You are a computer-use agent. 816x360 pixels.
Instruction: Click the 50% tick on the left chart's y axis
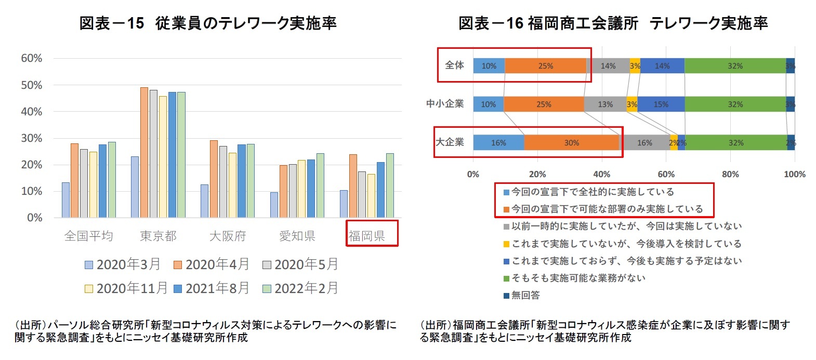click(x=31, y=85)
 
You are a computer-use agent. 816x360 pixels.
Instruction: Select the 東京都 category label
click(x=158, y=236)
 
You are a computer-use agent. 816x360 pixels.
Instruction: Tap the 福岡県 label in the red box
click(x=367, y=236)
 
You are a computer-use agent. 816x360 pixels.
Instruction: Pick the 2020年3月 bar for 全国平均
click(x=65, y=200)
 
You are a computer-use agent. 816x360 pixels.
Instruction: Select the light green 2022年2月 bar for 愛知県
click(x=320, y=185)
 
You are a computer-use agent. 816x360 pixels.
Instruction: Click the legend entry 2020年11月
click(x=126, y=288)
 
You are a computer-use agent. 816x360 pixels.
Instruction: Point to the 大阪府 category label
click(x=228, y=236)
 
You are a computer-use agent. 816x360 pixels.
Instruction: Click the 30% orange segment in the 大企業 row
click(x=572, y=143)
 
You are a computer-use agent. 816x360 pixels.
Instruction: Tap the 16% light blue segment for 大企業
click(x=498, y=143)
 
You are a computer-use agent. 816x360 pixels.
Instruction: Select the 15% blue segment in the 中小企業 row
click(x=661, y=104)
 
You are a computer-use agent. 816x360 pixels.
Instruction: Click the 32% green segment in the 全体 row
click(x=735, y=66)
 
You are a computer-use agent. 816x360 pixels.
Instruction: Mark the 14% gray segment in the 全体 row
click(x=608, y=66)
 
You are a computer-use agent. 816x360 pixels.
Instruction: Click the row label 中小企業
click(x=445, y=104)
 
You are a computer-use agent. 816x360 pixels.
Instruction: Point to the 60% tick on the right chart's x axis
click(x=666, y=175)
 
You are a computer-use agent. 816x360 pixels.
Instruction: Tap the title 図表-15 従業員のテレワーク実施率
click(x=208, y=23)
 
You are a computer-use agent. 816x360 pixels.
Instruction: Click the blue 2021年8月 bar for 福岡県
click(x=381, y=190)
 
